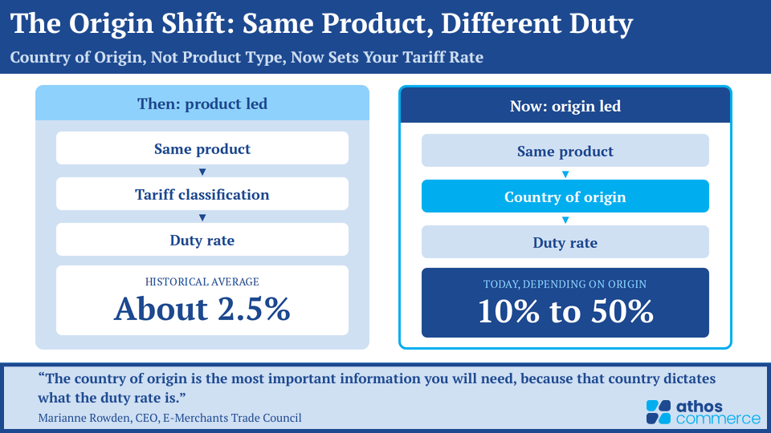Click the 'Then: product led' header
pos(202,103)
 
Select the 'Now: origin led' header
pos(565,106)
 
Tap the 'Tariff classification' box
pos(202,194)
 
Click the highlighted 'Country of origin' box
pos(565,196)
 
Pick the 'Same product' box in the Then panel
pos(202,148)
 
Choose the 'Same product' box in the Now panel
pos(565,151)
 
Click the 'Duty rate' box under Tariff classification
pos(202,240)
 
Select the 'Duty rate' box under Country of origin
pos(565,242)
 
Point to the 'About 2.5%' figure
pos(202,309)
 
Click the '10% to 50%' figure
pos(565,311)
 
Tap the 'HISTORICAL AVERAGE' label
pos(202,281)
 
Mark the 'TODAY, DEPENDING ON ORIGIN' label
pos(565,284)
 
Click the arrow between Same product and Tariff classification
pos(202,172)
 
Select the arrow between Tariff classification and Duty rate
pos(202,217)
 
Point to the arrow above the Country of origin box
pos(565,174)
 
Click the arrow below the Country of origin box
pos(565,220)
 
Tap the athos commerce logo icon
pos(659,412)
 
